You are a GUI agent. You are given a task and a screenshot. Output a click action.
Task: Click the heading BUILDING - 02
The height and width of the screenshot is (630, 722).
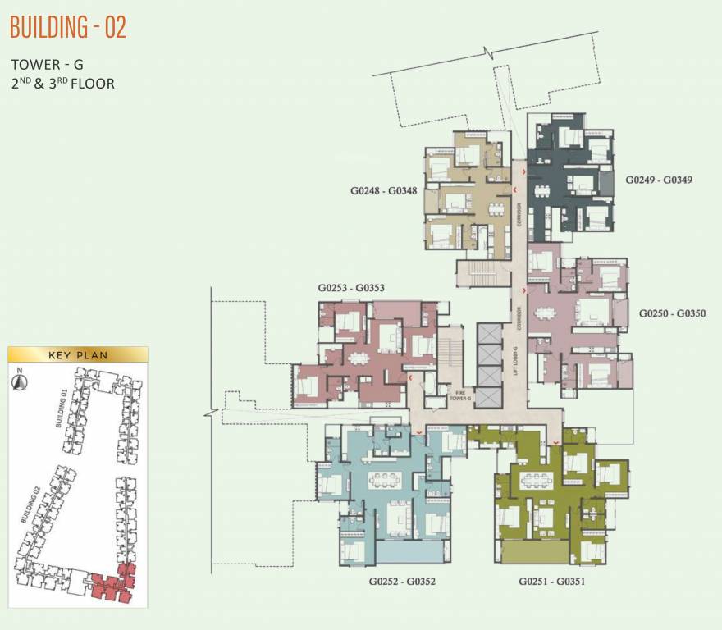pos(68,27)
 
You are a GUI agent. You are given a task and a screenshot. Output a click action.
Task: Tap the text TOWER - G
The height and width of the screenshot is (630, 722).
pos(48,64)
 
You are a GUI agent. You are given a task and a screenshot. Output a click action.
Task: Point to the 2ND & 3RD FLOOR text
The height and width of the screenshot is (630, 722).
pos(62,83)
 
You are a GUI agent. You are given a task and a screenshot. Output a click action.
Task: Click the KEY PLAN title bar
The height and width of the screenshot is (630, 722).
pos(78,355)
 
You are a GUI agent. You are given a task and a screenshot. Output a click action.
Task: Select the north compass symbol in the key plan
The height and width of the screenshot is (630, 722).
pos(19,380)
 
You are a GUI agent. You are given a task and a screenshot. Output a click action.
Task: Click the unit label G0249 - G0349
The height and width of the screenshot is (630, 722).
pos(660,179)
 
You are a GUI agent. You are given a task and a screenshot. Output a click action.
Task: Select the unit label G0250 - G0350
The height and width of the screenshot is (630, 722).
pos(671,313)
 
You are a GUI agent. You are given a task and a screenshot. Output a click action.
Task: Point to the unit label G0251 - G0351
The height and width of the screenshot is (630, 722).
pos(551,581)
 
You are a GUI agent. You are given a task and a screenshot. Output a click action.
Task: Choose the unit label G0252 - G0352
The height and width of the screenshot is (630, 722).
pos(402,581)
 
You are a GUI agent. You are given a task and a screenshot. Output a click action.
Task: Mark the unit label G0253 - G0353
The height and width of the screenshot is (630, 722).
pos(351,289)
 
